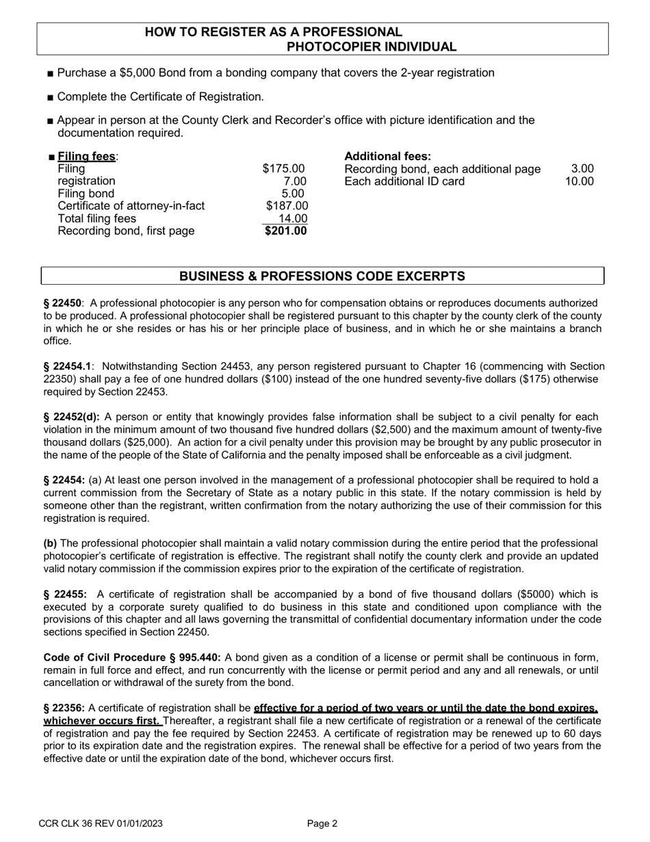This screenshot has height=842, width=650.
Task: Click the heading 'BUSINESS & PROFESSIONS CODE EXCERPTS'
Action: click(x=322, y=277)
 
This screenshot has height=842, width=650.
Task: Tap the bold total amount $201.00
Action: click(x=286, y=231)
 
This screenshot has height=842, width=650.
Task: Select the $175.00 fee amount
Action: click(x=283, y=169)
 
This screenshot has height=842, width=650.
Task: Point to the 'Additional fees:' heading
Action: click(x=388, y=157)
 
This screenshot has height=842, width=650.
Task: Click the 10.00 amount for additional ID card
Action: click(x=579, y=182)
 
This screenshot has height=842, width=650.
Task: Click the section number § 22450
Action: click(x=63, y=303)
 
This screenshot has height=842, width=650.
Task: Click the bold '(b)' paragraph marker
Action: click(x=51, y=544)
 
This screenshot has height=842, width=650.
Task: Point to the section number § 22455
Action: click(x=65, y=594)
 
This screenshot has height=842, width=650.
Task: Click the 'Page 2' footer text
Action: click(x=322, y=824)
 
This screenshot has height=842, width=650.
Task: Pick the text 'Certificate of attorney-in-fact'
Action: click(x=131, y=206)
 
